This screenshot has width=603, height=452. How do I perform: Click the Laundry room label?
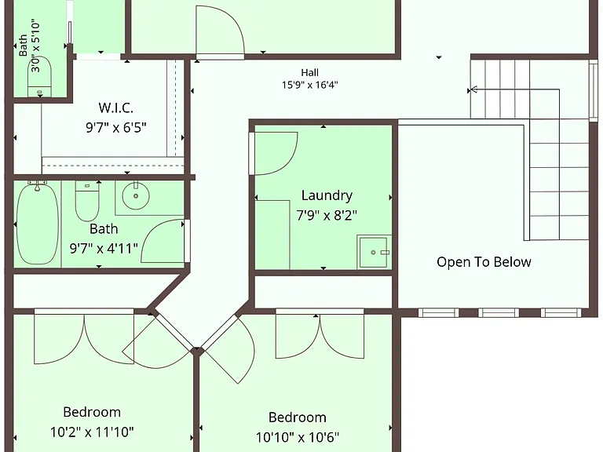point(327,195)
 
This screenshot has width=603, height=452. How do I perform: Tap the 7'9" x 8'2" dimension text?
point(327,215)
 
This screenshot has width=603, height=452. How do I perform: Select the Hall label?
point(309,72)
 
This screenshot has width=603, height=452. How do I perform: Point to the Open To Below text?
point(484,262)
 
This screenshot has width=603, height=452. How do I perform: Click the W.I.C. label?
point(115,108)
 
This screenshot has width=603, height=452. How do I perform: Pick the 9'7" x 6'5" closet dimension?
point(115,127)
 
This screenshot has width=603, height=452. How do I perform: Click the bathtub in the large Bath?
point(38,224)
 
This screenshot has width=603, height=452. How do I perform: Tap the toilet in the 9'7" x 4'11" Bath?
point(87,201)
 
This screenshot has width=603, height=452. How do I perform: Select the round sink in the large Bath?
point(136,196)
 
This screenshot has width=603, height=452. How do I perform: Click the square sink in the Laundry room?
point(372,252)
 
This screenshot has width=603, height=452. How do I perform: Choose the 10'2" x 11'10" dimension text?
point(92,432)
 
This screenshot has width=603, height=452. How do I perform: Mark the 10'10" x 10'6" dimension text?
point(298,437)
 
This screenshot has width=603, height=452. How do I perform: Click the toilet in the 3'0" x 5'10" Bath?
point(39,76)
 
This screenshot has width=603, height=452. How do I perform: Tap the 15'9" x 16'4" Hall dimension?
point(309,85)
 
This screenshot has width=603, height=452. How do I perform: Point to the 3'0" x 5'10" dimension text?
point(35,46)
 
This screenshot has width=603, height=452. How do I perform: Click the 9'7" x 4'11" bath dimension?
point(104,248)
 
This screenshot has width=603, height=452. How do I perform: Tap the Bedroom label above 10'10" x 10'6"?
point(298,417)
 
